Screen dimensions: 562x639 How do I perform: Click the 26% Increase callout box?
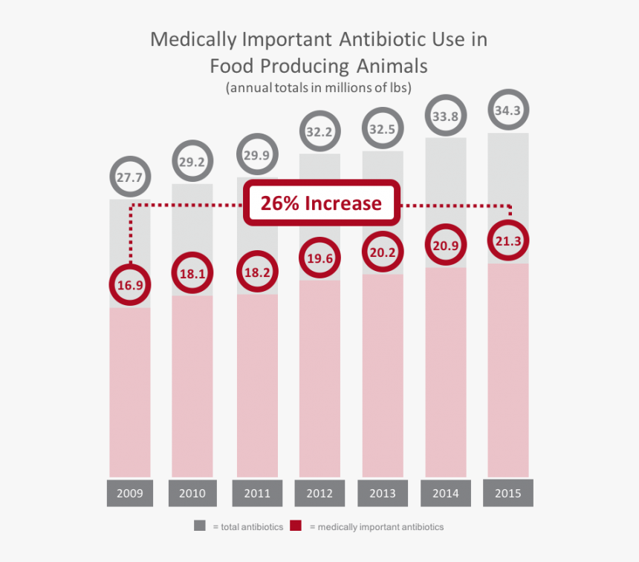tap(321, 203)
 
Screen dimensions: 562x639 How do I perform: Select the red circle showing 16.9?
tap(130, 284)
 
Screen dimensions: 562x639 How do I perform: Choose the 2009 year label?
tap(130, 493)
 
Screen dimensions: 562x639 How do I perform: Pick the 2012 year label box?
tap(319, 493)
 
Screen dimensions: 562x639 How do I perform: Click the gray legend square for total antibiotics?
tap(200, 526)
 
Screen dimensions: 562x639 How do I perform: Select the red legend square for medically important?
tap(296, 526)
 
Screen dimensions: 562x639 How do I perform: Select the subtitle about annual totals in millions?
tap(319, 88)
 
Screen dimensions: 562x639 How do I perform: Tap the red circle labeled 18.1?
tap(192, 274)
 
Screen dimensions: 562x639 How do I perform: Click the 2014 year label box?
tap(445, 493)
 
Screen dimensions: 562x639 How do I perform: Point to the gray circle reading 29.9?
tap(256, 155)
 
